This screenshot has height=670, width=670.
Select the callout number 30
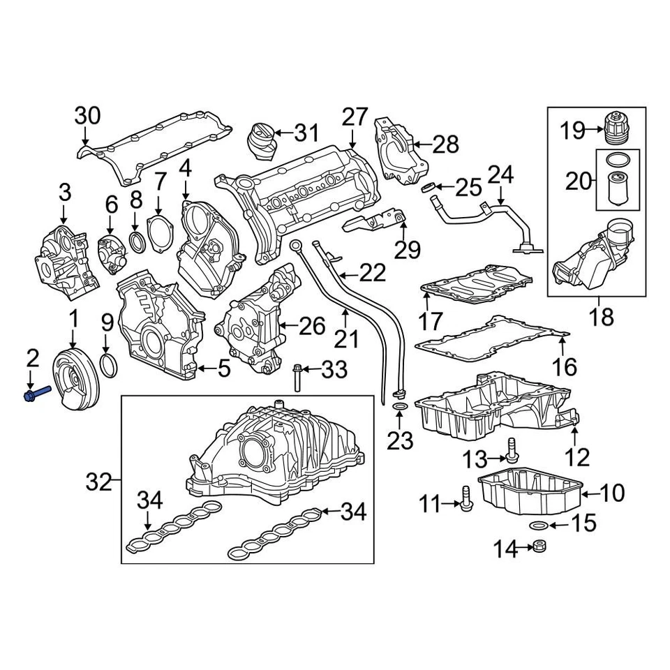[x=88, y=116]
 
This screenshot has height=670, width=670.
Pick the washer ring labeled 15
[x=537, y=524]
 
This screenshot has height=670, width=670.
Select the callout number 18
[x=601, y=316]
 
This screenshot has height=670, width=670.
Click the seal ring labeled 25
[x=431, y=186]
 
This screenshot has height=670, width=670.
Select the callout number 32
[x=100, y=482]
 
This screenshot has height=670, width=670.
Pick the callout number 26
[x=313, y=326]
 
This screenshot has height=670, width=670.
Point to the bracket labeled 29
[x=373, y=221]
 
